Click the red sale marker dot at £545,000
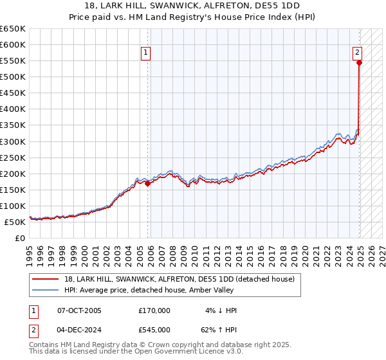coord(359,62)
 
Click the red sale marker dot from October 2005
coord(148,183)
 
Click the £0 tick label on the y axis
coord(19,238)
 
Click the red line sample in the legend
coord(46,279)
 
